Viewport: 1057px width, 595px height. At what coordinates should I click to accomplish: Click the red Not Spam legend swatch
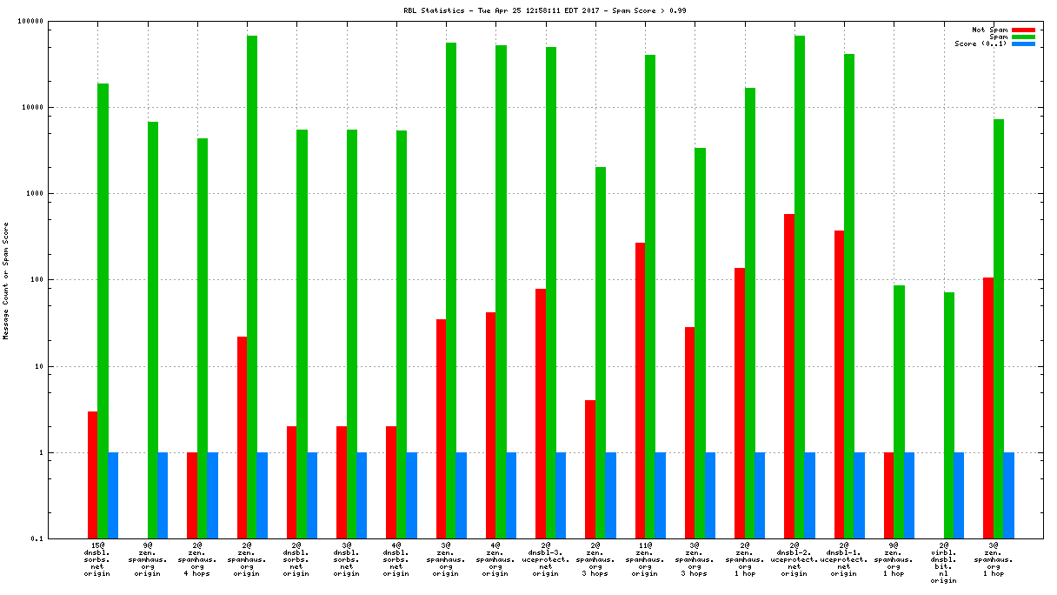[x=1023, y=30]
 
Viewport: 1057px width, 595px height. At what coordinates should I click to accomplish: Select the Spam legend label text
[x=999, y=37]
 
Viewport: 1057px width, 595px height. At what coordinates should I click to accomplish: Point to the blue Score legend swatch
[x=1023, y=43]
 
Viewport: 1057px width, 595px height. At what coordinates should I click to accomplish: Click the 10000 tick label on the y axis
[x=56, y=108]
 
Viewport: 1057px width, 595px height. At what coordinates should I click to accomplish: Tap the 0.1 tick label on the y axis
[x=61, y=539]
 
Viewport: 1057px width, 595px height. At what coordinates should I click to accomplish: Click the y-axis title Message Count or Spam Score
[x=6, y=280]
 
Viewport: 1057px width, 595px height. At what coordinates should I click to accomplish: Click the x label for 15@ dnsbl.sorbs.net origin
[x=97, y=559]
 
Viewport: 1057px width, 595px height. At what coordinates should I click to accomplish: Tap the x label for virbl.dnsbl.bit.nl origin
[x=944, y=563]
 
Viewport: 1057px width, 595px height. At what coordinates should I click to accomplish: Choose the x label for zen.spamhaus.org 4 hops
[x=197, y=559]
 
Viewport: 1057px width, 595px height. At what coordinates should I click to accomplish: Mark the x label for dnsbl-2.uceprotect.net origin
[x=794, y=559]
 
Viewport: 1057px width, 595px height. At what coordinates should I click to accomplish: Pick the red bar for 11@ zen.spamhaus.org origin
[x=640, y=391]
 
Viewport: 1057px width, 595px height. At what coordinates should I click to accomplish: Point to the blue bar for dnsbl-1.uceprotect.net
[x=859, y=496]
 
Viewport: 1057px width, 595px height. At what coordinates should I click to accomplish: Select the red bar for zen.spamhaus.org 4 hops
[x=192, y=496]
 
